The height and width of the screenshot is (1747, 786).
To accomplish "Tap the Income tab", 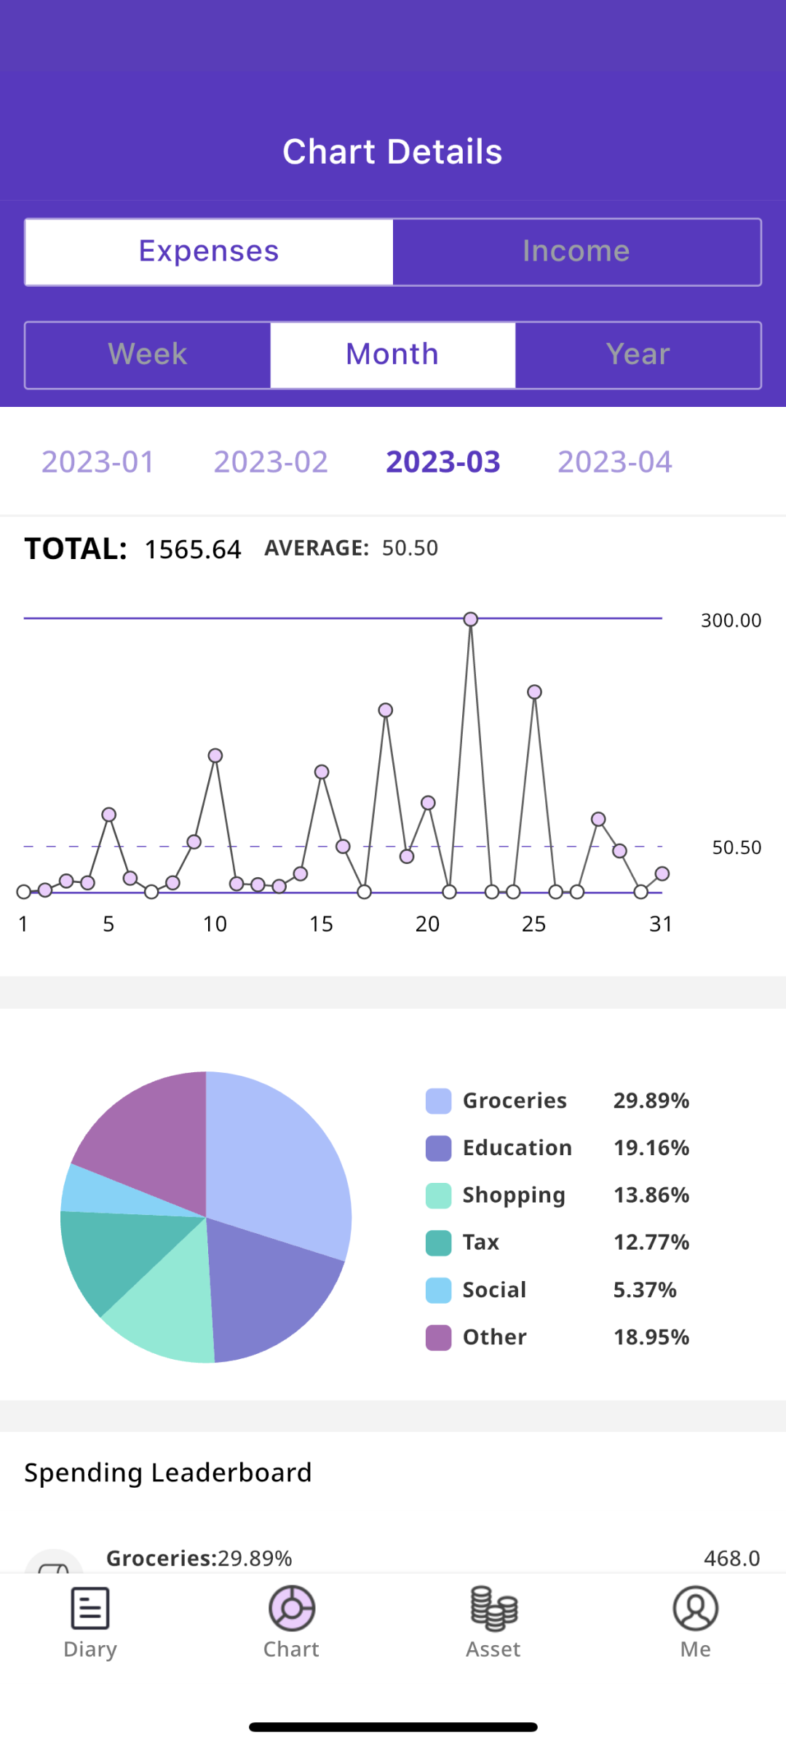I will (x=576, y=252).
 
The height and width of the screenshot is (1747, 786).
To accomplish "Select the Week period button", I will (x=148, y=355).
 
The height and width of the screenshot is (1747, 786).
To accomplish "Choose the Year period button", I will (x=638, y=355).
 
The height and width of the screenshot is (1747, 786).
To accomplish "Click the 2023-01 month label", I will (x=98, y=462).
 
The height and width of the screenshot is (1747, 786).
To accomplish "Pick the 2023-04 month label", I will (x=615, y=462).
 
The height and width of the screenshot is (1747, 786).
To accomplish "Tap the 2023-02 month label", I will (x=271, y=462).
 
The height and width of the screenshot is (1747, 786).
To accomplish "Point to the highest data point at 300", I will (x=471, y=619).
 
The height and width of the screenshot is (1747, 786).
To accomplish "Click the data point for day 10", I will (x=215, y=756).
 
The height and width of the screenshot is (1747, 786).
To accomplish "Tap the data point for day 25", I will (x=535, y=692).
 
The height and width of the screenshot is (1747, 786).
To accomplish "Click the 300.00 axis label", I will (x=731, y=621).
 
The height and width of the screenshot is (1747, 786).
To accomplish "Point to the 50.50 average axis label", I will (x=737, y=848).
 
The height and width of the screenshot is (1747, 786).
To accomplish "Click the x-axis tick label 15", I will (x=321, y=924).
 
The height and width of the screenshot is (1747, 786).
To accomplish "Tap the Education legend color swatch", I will (x=439, y=1149).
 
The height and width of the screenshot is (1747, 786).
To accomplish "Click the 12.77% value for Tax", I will (x=651, y=1243).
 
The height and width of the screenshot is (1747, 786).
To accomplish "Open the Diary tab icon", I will (x=90, y=1608).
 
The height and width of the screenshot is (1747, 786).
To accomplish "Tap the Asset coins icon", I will (x=493, y=1608).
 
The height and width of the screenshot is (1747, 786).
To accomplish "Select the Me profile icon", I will (x=696, y=1608).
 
